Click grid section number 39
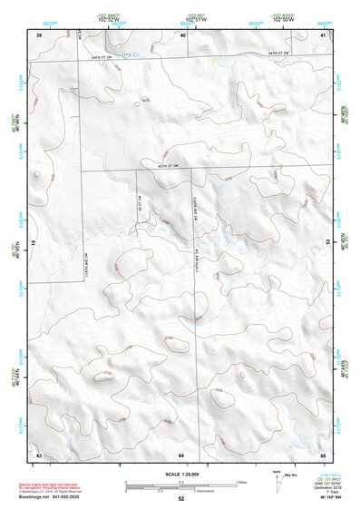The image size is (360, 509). (x=38, y=35)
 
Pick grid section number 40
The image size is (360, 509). (x=183, y=35)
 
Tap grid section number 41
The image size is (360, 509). (x=324, y=35)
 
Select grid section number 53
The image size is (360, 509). (x=328, y=242)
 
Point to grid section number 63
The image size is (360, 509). (x=38, y=453)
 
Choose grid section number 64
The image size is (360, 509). (x=181, y=453)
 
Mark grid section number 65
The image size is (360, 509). (x=324, y=453)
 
